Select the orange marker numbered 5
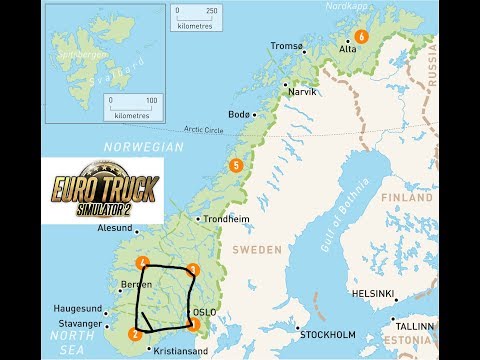pos(236,165)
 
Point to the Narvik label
pos(301,90)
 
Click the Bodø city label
pos(239,114)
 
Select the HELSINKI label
pos(372,294)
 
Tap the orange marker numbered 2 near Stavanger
pos(135,334)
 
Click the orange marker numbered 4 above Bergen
pos(145,263)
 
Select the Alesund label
pos(113,228)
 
